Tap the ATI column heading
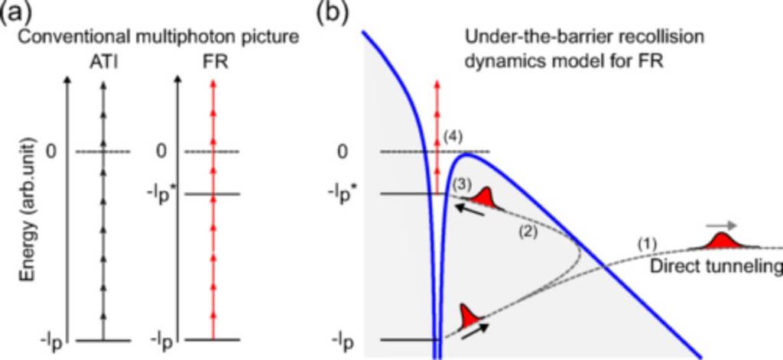[x=102, y=58]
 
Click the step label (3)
[x=461, y=184]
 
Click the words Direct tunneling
[x=713, y=267]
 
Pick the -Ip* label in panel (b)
[x=355, y=193]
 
